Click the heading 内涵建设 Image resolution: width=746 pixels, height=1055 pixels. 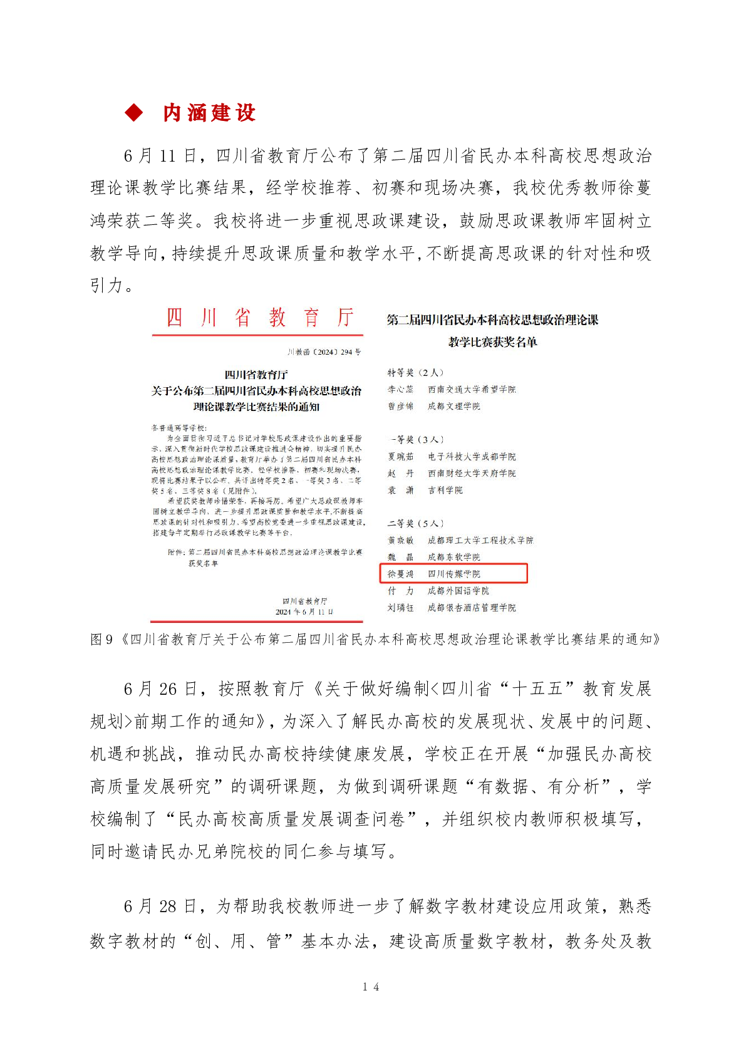(209, 113)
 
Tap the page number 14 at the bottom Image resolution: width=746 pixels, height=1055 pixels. (370, 987)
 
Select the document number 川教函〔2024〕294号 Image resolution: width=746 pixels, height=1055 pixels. (324, 352)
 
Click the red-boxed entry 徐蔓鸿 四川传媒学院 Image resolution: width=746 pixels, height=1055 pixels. (453, 573)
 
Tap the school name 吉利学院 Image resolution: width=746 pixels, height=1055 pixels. (445, 490)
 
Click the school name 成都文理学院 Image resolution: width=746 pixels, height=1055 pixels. (454, 406)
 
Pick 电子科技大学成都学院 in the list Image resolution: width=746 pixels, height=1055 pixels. (472, 456)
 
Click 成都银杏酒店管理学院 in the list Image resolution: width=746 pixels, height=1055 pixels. (472, 607)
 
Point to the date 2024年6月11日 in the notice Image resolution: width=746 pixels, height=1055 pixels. (304, 611)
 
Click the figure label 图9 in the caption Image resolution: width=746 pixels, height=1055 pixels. (101, 639)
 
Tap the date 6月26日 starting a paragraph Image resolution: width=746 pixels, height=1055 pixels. (160, 689)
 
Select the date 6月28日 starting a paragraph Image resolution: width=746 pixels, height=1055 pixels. (160, 906)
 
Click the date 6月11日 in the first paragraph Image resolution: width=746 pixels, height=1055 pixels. (160, 155)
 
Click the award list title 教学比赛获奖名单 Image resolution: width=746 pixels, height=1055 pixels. (492, 342)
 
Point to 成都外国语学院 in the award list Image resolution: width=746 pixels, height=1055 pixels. (458, 590)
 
